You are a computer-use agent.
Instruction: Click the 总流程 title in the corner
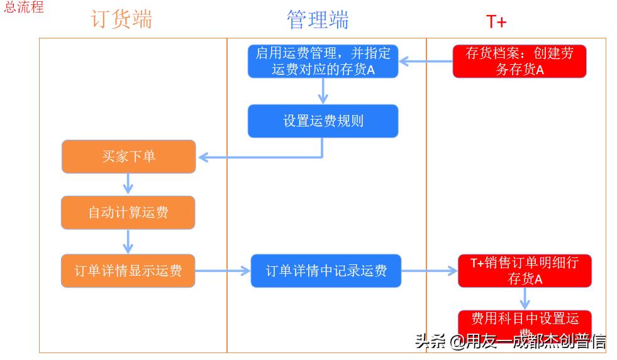[24, 8]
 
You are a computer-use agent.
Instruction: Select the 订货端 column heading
[121, 20]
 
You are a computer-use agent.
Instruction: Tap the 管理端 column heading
[318, 20]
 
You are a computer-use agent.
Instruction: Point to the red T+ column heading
[496, 21]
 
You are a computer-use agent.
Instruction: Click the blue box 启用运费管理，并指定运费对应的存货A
[323, 62]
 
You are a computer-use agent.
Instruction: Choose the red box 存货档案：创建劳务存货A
[519, 62]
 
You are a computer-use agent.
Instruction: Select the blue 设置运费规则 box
[323, 121]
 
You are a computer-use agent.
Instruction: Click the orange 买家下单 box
[128, 157]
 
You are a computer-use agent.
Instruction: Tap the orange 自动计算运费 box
[128, 213]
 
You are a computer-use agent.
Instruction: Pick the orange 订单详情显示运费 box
[128, 271]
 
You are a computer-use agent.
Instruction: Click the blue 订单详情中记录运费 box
[326, 271]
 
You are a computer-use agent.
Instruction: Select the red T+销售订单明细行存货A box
[525, 271]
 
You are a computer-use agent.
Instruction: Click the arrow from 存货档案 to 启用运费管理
[426, 62]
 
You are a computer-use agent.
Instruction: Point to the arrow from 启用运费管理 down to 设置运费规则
[323, 91]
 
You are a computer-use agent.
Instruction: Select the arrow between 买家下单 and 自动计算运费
[128, 184]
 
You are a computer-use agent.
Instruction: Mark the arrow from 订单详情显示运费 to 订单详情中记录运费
[223, 271]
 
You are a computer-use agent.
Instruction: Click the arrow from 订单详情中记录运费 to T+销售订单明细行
[430, 271]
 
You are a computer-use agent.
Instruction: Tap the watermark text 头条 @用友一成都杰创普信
[510, 341]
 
